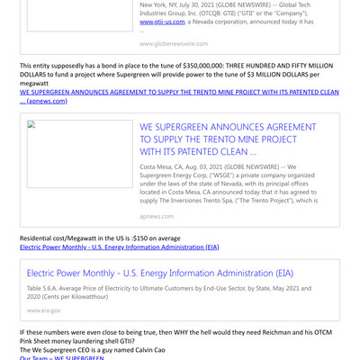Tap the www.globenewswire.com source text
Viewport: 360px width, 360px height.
click(174, 43)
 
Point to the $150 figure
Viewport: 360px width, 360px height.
click(133, 238)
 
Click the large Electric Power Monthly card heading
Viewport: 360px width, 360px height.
click(160, 273)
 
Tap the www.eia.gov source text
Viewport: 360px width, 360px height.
click(44, 310)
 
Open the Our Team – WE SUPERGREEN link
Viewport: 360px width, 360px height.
click(62, 357)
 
